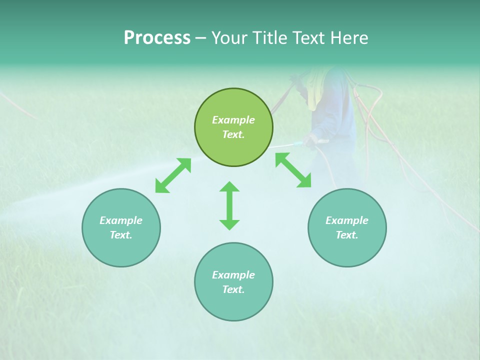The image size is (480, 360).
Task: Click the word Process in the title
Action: pos(157,38)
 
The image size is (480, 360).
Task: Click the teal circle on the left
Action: pos(121,227)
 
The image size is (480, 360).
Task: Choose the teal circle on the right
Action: pos(347,227)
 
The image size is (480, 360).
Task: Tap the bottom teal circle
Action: pos(233,282)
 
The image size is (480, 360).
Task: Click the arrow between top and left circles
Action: pos(173,175)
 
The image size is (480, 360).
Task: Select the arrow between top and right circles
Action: pos(293,170)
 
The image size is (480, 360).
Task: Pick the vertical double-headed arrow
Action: pos(229,205)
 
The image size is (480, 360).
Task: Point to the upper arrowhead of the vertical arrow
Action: pos(229,186)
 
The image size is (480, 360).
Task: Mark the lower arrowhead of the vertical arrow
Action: pos(229,224)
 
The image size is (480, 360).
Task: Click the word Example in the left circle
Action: pos(121,220)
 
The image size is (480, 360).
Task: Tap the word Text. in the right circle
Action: pos(347,235)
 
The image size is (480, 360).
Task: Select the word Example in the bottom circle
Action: pos(233,275)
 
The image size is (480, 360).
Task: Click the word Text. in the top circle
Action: pos(233,134)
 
